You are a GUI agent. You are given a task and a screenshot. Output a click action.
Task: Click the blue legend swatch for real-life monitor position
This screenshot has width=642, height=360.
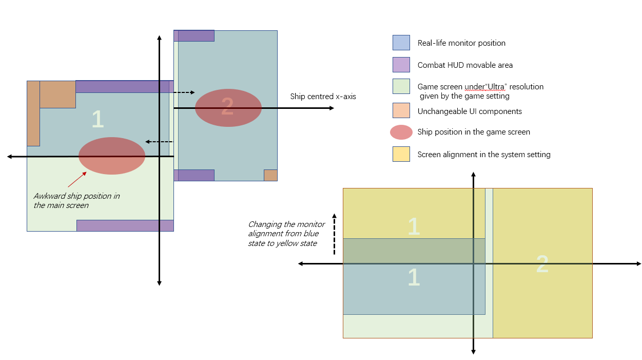coord(401,43)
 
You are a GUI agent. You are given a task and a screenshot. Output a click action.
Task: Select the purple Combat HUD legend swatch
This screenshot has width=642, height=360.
coord(401,65)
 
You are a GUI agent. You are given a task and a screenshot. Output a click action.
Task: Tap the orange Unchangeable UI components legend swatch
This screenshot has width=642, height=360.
coord(401,110)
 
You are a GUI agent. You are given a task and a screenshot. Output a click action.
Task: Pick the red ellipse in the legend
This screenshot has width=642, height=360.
coord(401,132)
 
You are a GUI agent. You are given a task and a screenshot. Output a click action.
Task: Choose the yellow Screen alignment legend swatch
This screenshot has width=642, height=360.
coord(401,154)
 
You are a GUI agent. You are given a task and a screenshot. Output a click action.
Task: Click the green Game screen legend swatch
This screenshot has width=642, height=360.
coord(401,86)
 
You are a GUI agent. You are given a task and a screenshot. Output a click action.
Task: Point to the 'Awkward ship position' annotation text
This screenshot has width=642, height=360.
coord(76,201)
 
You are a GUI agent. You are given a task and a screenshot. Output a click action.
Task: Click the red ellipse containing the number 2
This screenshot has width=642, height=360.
coord(228,108)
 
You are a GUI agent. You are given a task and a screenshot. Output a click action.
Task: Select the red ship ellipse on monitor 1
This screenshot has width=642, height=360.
coord(112,156)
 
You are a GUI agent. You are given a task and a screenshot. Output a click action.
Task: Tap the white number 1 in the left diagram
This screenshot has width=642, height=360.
coord(98,120)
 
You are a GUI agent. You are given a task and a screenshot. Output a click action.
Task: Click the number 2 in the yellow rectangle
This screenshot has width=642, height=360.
coord(542,265)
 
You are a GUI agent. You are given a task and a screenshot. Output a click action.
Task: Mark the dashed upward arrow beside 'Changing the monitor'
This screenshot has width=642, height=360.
coord(334,234)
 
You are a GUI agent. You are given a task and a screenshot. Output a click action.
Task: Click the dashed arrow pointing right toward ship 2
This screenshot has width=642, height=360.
coord(184,92)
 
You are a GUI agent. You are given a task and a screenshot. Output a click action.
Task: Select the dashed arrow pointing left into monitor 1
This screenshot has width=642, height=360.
coord(159,142)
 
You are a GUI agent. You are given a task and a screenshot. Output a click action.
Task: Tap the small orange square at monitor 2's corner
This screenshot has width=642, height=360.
coord(270,175)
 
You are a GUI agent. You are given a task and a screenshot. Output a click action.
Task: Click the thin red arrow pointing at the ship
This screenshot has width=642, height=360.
coord(77,179)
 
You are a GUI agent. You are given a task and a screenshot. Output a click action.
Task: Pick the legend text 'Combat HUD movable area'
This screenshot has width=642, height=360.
coord(465,65)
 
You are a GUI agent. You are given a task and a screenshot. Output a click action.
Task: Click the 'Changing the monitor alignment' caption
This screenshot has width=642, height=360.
coord(286,234)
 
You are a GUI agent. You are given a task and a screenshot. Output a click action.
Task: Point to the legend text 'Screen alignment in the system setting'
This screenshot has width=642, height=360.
coord(484,155)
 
